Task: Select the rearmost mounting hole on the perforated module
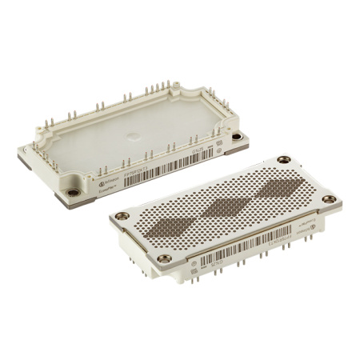285,160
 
